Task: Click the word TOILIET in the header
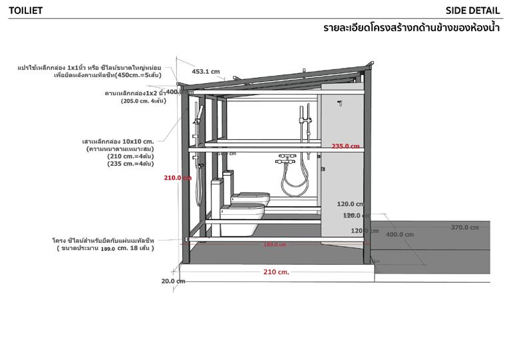pyautogui.click(x=26, y=10)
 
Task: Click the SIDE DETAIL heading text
pyautogui.click(x=472, y=10)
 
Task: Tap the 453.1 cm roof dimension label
pyautogui.click(x=206, y=71)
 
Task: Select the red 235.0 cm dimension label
pyautogui.click(x=345, y=146)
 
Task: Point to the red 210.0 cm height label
pyautogui.click(x=177, y=178)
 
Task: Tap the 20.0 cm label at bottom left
pyautogui.click(x=172, y=281)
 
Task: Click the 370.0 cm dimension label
pyautogui.click(x=464, y=228)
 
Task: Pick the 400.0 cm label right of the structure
pyautogui.click(x=399, y=235)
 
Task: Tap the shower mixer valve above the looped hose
pyautogui.click(x=286, y=160)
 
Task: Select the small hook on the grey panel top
pyautogui.click(x=339, y=103)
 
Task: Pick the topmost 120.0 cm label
pyautogui.click(x=350, y=204)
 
